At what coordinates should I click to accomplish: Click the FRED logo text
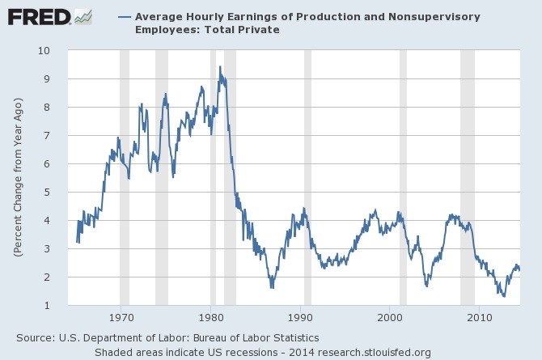[38, 15]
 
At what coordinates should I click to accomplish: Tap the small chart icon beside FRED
[82, 15]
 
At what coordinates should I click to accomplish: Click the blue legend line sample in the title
[125, 16]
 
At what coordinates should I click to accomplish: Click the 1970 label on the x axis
[121, 316]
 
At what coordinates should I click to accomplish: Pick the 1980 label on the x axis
[211, 316]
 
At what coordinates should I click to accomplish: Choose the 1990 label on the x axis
[300, 316]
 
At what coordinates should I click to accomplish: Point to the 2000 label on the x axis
[389, 316]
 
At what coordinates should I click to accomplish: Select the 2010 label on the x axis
[478, 316]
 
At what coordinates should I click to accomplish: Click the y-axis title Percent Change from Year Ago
[18, 178]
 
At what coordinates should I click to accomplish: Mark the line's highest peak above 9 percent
[219, 67]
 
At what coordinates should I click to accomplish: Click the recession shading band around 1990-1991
[307, 178]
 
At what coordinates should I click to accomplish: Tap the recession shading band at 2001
[403, 178]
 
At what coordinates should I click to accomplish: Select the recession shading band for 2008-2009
[467, 178]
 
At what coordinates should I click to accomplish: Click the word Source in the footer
[33, 337]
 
